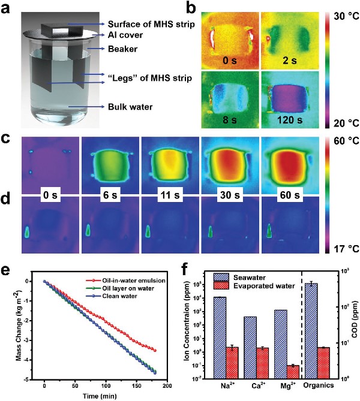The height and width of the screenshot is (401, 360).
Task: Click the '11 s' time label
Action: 169,195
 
